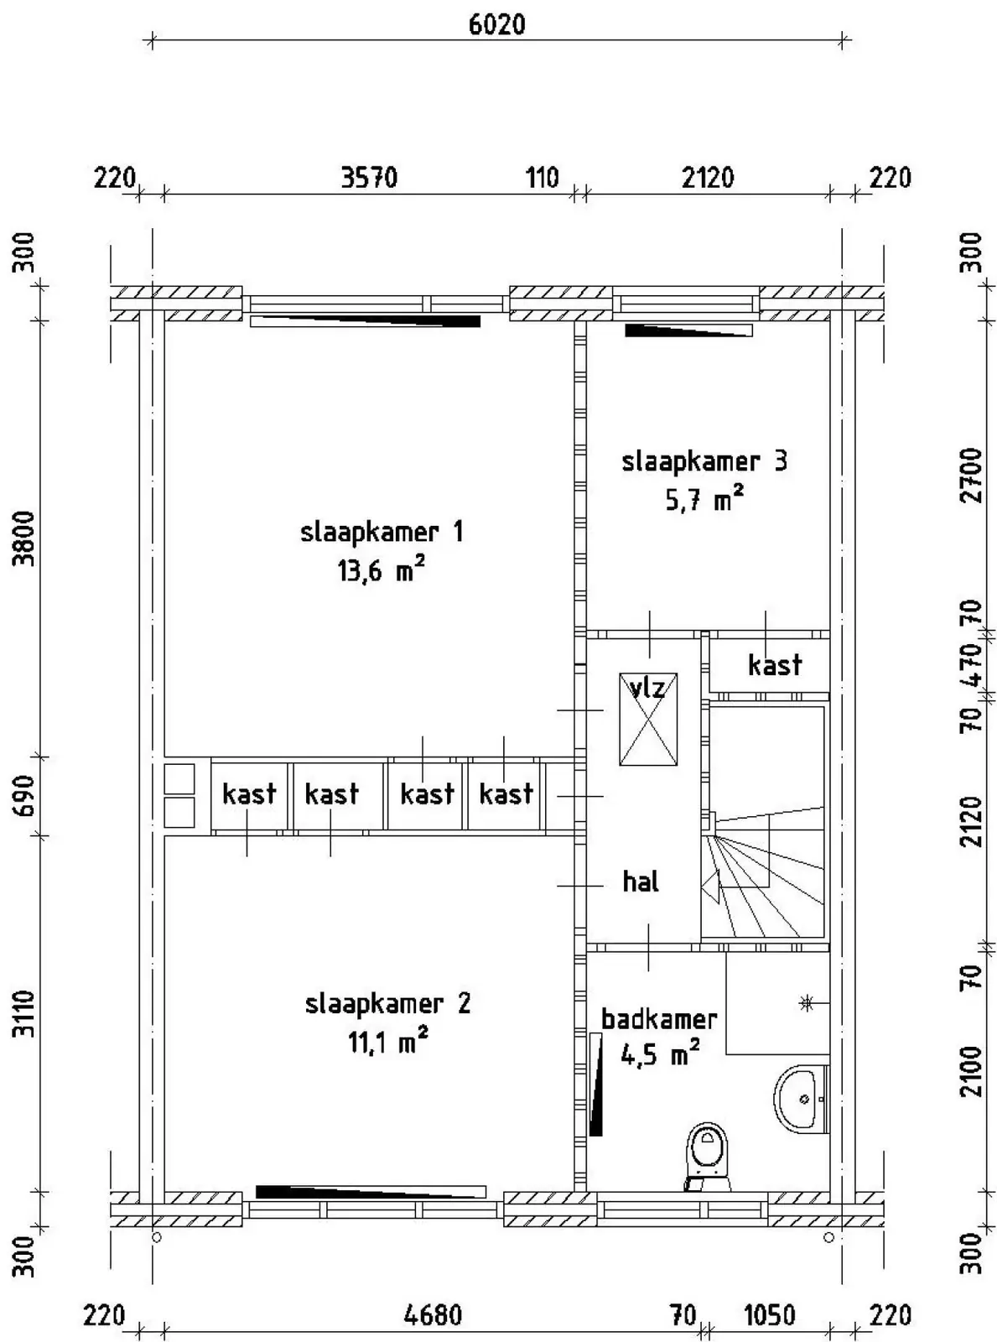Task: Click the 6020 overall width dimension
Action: pos(496,24)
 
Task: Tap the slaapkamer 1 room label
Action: pos(382,532)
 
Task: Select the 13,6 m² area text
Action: pos(382,570)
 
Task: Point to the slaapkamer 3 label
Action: pos(704,461)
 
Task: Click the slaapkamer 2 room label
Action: pos(387,1004)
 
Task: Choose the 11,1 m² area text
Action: pos(387,1041)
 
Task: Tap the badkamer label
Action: pos(659,1020)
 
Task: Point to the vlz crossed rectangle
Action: pos(648,720)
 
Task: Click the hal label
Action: pos(641,882)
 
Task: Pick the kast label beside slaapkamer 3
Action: pos(775,665)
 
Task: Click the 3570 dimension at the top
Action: pos(369,178)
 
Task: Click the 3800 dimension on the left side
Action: pos(25,538)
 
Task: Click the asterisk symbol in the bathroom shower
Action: pos(807,1004)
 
